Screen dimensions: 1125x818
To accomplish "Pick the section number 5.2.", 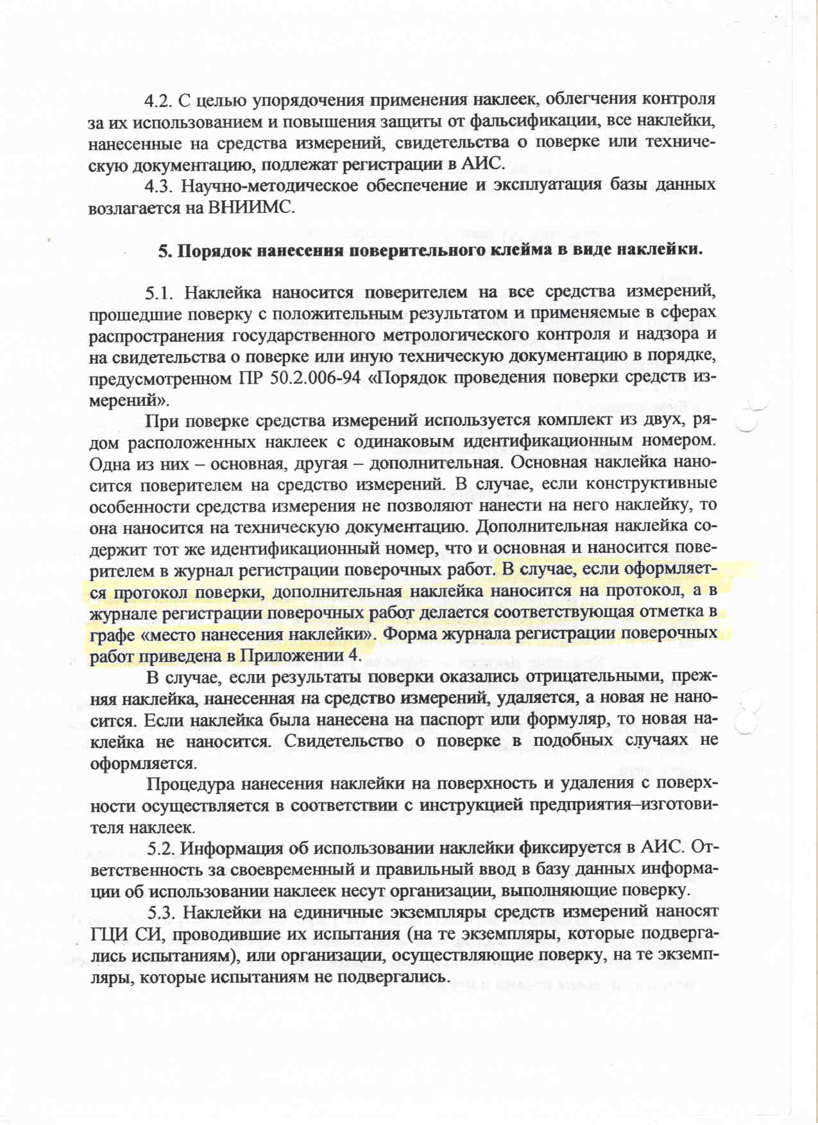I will pyautogui.click(x=161, y=849).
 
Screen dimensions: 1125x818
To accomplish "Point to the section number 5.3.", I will pyautogui.click(x=161, y=913).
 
